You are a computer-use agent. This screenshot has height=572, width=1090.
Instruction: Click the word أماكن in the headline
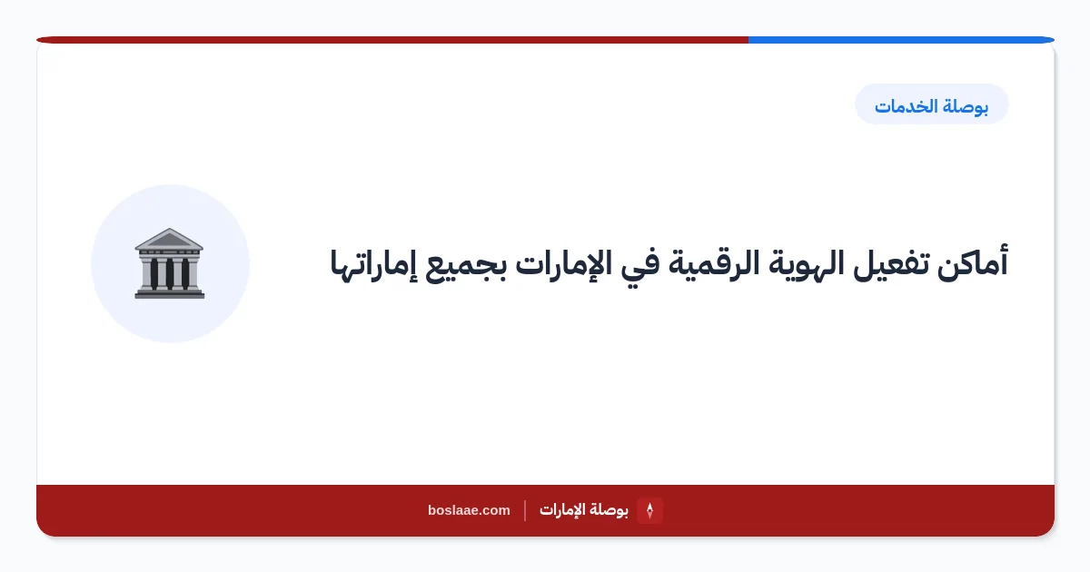click(x=973, y=264)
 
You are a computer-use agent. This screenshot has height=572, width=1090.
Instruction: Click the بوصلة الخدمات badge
click(x=931, y=104)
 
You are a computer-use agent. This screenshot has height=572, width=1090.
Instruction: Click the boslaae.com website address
click(x=469, y=510)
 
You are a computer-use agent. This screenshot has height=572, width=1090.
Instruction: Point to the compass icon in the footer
click(x=649, y=510)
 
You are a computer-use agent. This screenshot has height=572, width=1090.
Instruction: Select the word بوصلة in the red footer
click(x=609, y=510)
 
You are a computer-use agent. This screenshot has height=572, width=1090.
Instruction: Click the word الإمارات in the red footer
click(x=562, y=510)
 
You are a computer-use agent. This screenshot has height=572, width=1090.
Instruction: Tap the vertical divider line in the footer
click(x=525, y=510)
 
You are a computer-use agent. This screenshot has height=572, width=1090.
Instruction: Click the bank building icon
click(x=169, y=262)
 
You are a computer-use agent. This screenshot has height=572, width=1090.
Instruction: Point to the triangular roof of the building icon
click(x=169, y=239)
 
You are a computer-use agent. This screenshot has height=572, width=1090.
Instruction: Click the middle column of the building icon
click(x=169, y=273)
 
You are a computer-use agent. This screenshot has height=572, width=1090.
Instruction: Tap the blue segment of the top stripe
click(x=901, y=40)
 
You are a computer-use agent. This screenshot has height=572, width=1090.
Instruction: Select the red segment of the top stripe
click(x=392, y=40)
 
